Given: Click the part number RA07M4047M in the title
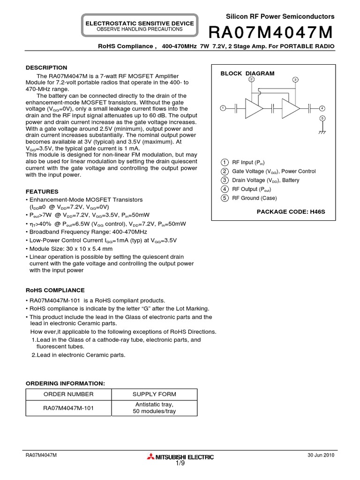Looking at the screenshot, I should click(271, 33).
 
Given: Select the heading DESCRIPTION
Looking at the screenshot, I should click(46, 67).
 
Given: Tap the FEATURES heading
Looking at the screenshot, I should click(42, 192).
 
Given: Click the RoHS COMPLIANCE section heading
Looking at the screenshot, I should click(55, 290).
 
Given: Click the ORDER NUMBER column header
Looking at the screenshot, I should click(68, 394).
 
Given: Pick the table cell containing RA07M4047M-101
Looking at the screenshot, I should click(68, 408).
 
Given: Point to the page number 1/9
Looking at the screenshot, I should click(180, 464).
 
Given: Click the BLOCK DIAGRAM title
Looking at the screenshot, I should click(247, 74).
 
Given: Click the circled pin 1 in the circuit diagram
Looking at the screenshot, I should click(223, 108).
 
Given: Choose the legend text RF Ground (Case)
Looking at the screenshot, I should click(255, 198).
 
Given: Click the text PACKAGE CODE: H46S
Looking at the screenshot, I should click(291, 212).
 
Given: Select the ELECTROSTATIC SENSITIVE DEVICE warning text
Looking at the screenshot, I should click(139, 23).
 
